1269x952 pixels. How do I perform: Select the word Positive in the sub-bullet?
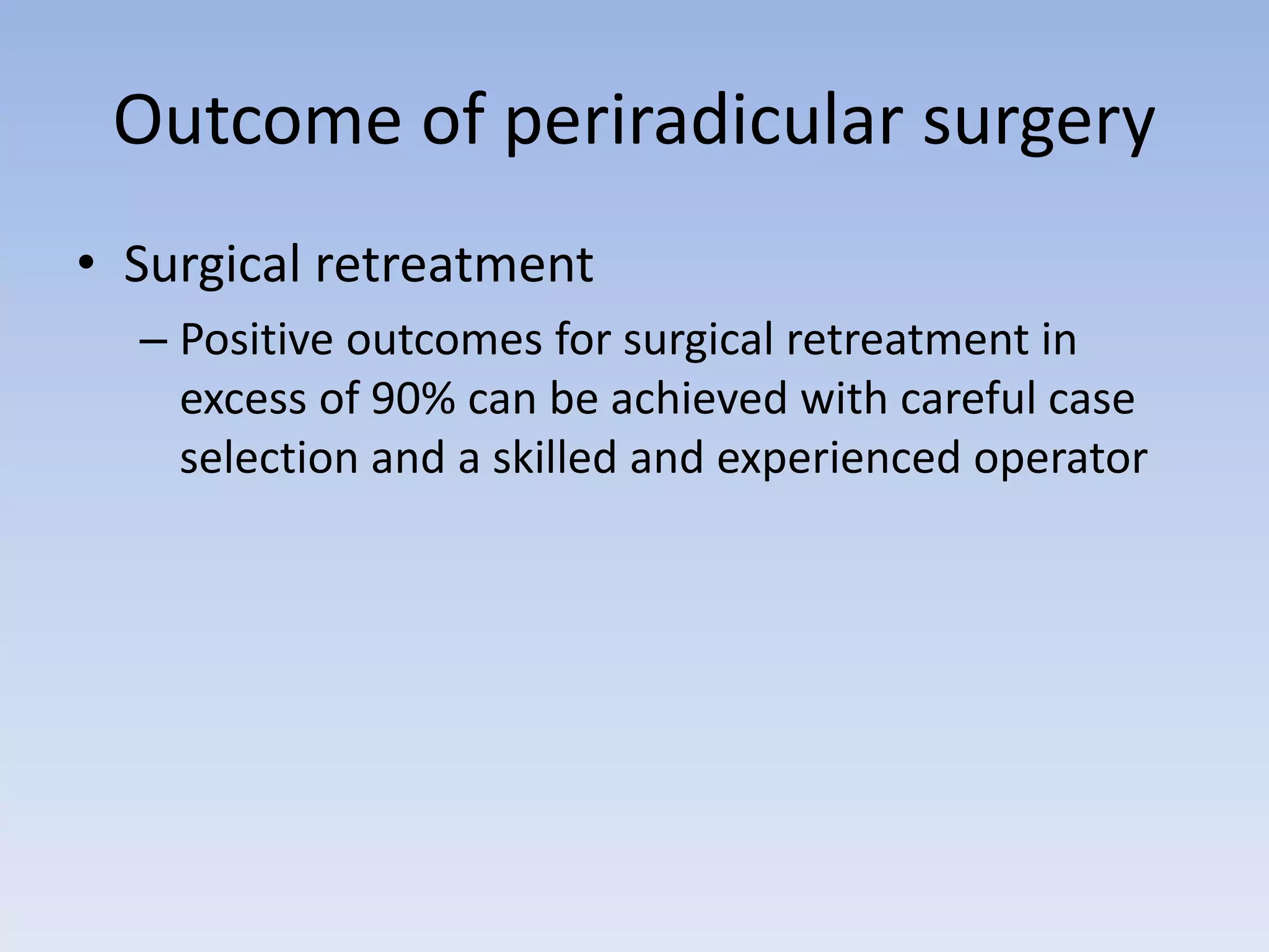click(x=257, y=340)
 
